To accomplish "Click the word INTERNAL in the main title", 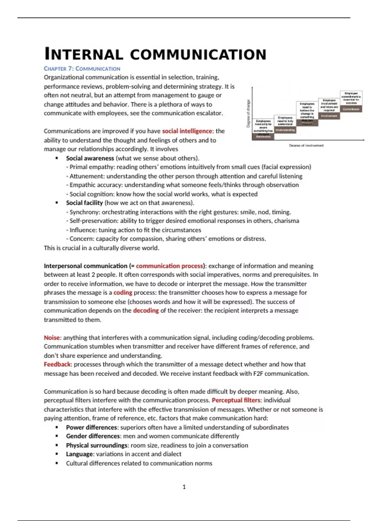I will (83, 55).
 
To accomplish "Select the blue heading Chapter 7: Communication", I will (82, 69).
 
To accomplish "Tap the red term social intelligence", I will (187, 131).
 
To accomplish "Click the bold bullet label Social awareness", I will (90, 158).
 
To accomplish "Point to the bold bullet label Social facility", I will (84, 203).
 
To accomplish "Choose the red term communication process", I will (169, 266).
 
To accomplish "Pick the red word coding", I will (123, 293).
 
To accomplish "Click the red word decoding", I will (146, 310).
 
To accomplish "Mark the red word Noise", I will (52, 338).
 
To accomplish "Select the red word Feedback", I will (57, 364).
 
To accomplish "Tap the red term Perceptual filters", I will (236, 400).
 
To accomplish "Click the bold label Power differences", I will (91, 428).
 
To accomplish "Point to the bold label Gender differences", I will (93, 436).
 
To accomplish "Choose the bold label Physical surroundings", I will (97, 445).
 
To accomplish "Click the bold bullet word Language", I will (79, 454).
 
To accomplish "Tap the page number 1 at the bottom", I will (184, 487).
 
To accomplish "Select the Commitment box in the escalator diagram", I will (351, 109).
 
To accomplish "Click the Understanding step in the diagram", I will (285, 130).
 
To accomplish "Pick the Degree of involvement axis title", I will (306, 146).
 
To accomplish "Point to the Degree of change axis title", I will (248, 113).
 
